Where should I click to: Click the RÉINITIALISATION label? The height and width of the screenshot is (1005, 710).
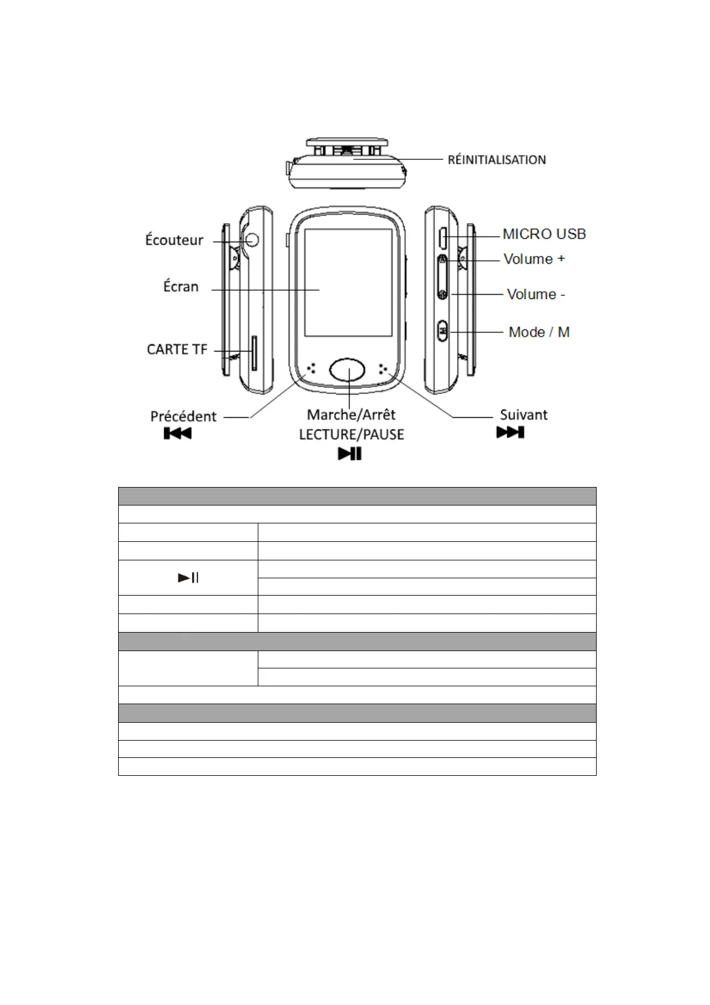point(496,160)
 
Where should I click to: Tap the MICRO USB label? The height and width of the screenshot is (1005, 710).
point(544,234)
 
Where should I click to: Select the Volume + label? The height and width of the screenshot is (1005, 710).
point(534,259)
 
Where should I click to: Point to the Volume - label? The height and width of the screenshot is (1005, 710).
point(536,294)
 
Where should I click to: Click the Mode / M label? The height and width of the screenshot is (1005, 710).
point(539,332)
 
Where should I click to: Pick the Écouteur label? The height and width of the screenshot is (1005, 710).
point(174,240)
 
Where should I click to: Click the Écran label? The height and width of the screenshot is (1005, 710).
point(181,286)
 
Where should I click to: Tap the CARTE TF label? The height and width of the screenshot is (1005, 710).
point(177,350)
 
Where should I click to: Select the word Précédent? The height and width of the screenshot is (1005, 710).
point(183,417)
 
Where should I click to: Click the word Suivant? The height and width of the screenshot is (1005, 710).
point(523,415)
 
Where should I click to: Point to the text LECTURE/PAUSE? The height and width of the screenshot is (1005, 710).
point(351,434)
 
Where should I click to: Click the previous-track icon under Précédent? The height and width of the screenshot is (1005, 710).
point(177,433)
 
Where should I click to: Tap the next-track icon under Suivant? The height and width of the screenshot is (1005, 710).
point(510,432)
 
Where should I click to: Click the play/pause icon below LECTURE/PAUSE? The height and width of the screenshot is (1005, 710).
point(350,454)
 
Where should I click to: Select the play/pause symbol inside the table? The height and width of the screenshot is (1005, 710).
point(189,578)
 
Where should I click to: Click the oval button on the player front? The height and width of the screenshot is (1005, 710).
point(348,371)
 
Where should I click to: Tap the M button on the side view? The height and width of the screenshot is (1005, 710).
point(443,329)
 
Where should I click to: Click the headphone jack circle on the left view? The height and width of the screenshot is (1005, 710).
point(252,239)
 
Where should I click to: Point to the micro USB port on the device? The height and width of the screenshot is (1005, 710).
point(443,238)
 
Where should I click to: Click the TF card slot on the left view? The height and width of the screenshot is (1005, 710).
point(254,353)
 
